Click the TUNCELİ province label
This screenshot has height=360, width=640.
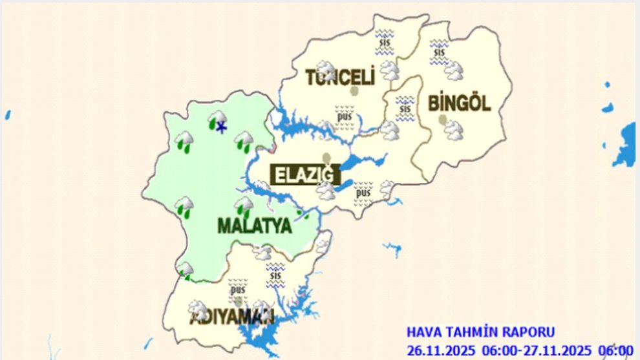point(340,78)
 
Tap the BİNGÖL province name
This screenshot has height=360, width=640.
point(460,103)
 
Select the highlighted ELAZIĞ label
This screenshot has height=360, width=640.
point(306,175)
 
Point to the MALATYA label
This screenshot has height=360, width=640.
point(255,226)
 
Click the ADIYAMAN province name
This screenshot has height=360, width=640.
point(232,317)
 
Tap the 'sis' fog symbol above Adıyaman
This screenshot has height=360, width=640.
point(276,275)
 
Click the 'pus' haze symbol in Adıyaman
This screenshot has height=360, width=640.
point(238,289)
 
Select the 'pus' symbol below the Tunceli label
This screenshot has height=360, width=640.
point(345,117)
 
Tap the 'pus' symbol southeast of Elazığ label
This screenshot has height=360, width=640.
point(363,192)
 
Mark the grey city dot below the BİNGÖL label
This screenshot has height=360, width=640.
point(442,120)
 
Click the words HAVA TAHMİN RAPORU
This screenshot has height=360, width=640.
point(480,332)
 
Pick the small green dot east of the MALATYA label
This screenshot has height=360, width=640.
point(298,213)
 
